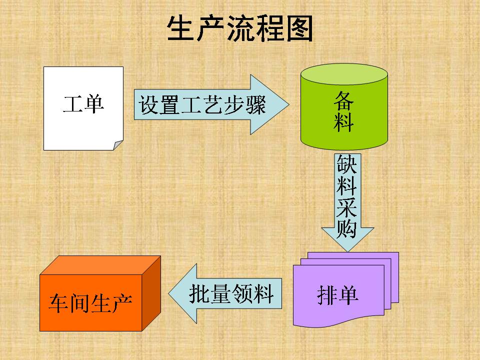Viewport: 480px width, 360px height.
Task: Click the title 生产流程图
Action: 240,28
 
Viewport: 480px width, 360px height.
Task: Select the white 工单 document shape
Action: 83,108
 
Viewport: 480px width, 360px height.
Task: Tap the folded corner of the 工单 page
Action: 118,145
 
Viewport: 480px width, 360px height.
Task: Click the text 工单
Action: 83,104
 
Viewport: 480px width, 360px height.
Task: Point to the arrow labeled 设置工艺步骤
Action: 211,104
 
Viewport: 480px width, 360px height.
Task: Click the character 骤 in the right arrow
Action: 255,104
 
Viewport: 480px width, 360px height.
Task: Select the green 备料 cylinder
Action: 344,107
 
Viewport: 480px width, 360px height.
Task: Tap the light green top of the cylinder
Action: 344,74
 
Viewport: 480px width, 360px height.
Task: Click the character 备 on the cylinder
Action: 344,101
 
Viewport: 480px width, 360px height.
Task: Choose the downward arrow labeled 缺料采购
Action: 347,202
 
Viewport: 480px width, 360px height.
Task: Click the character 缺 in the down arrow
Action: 347,164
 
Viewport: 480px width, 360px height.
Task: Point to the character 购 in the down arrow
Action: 347,228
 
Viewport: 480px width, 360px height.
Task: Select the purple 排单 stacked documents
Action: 346,289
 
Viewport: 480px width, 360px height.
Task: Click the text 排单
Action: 338,295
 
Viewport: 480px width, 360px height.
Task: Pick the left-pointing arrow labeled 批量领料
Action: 225,293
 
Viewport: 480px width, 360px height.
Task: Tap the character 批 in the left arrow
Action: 199,294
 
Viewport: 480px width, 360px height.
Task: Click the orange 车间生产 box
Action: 100,293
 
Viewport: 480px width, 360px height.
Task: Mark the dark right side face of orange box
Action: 151,293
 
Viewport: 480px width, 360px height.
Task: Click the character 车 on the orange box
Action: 59,303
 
